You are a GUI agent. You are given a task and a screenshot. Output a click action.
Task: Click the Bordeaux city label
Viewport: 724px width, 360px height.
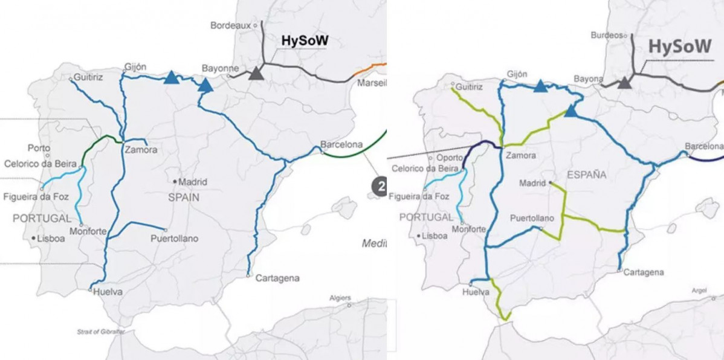click(x=231, y=25)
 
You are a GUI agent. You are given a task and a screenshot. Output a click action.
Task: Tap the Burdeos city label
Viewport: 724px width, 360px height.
click(x=606, y=35)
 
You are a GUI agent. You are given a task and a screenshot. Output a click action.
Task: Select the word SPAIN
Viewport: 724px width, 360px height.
click(x=185, y=198)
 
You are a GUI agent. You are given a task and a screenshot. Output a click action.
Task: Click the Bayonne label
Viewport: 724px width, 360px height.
click(x=221, y=68)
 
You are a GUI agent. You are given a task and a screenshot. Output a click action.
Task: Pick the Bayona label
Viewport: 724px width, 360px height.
click(x=589, y=79)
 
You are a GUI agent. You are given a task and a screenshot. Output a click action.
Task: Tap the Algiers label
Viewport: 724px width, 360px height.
click(x=340, y=298)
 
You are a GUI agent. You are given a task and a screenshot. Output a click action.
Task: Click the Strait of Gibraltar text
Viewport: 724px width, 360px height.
click(x=100, y=332)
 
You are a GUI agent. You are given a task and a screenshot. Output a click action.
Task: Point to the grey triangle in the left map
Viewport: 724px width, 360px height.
click(x=256, y=73)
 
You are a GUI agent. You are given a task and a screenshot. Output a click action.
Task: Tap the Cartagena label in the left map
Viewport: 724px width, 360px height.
click(x=277, y=278)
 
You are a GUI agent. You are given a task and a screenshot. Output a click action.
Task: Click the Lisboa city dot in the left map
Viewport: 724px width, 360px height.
click(x=33, y=238)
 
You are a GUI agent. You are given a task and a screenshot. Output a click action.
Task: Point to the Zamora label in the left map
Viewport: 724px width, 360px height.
click(x=141, y=150)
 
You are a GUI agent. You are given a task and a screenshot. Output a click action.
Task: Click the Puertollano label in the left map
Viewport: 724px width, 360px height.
click(x=174, y=239)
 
